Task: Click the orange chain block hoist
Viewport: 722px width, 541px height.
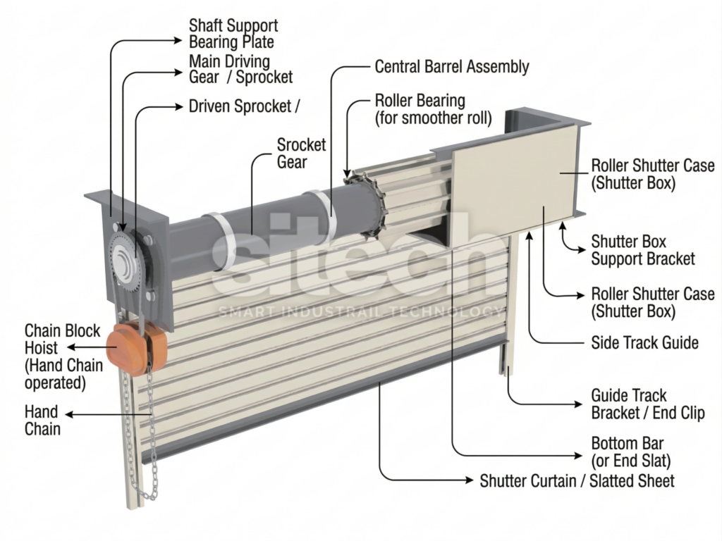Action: pyautogui.click(x=137, y=348)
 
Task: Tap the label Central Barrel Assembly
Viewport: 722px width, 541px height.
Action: pyautogui.click(x=451, y=67)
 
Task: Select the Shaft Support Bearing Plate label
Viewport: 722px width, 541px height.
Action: pyautogui.click(x=233, y=33)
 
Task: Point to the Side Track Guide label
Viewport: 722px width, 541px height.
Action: pyautogui.click(x=644, y=343)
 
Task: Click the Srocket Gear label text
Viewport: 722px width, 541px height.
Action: pyautogui.click(x=301, y=153)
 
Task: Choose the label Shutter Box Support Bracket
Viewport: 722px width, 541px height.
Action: pyautogui.click(x=642, y=250)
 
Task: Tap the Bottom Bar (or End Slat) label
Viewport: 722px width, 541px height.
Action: pyautogui.click(x=631, y=452)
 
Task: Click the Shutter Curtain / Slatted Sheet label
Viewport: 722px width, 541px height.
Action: pyautogui.click(x=577, y=481)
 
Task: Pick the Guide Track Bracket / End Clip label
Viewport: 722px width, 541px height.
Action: pyautogui.click(x=647, y=404)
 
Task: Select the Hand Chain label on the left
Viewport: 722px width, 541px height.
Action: pyautogui.click(x=42, y=420)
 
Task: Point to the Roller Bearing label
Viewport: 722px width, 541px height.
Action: pyautogui.click(x=433, y=108)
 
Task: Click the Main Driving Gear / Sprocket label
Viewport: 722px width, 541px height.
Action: pyautogui.click(x=240, y=69)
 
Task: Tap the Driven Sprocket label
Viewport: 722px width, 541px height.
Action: pyautogui.click(x=244, y=106)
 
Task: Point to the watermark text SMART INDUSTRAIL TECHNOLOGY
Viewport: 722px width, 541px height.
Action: pyautogui.click(x=360, y=311)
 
